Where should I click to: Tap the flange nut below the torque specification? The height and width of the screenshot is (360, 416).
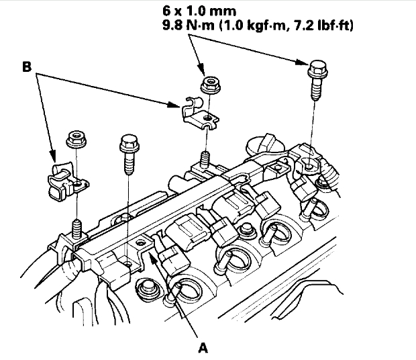click(x=211, y=86)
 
